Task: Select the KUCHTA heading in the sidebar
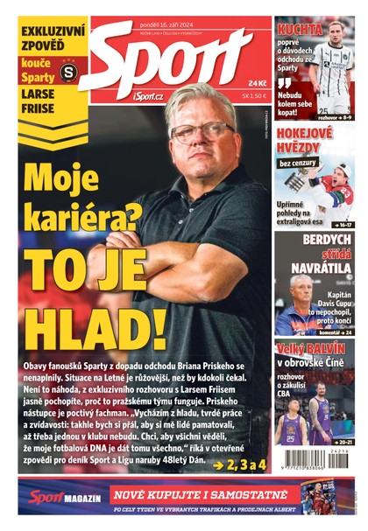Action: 301,29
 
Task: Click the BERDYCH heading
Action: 326,239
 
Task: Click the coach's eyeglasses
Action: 201,132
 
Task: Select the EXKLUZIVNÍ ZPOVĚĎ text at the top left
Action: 53,38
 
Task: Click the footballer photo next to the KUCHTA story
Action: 337,66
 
